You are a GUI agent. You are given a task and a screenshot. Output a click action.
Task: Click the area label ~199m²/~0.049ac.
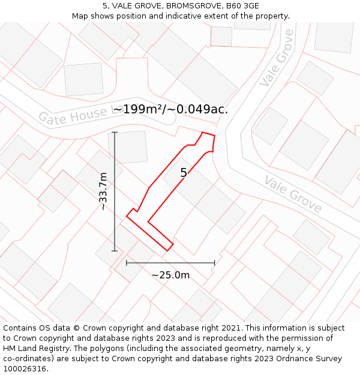coord(170,109)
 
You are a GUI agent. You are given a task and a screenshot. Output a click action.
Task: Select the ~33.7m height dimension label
coord(103,191)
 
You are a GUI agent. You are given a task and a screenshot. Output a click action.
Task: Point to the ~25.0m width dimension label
coord(170,275)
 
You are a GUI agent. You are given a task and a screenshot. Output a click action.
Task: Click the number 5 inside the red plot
coord(184,173)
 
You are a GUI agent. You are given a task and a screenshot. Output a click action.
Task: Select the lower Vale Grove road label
coord(293,194)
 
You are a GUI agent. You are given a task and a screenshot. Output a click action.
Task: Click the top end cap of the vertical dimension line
coord(115,132)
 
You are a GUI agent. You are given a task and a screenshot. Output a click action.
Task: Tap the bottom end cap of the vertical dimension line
coord(115,251)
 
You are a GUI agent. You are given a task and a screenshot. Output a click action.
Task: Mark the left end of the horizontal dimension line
coord(127,263)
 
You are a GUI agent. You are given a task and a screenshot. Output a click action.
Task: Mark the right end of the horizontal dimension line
coord(214,263)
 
